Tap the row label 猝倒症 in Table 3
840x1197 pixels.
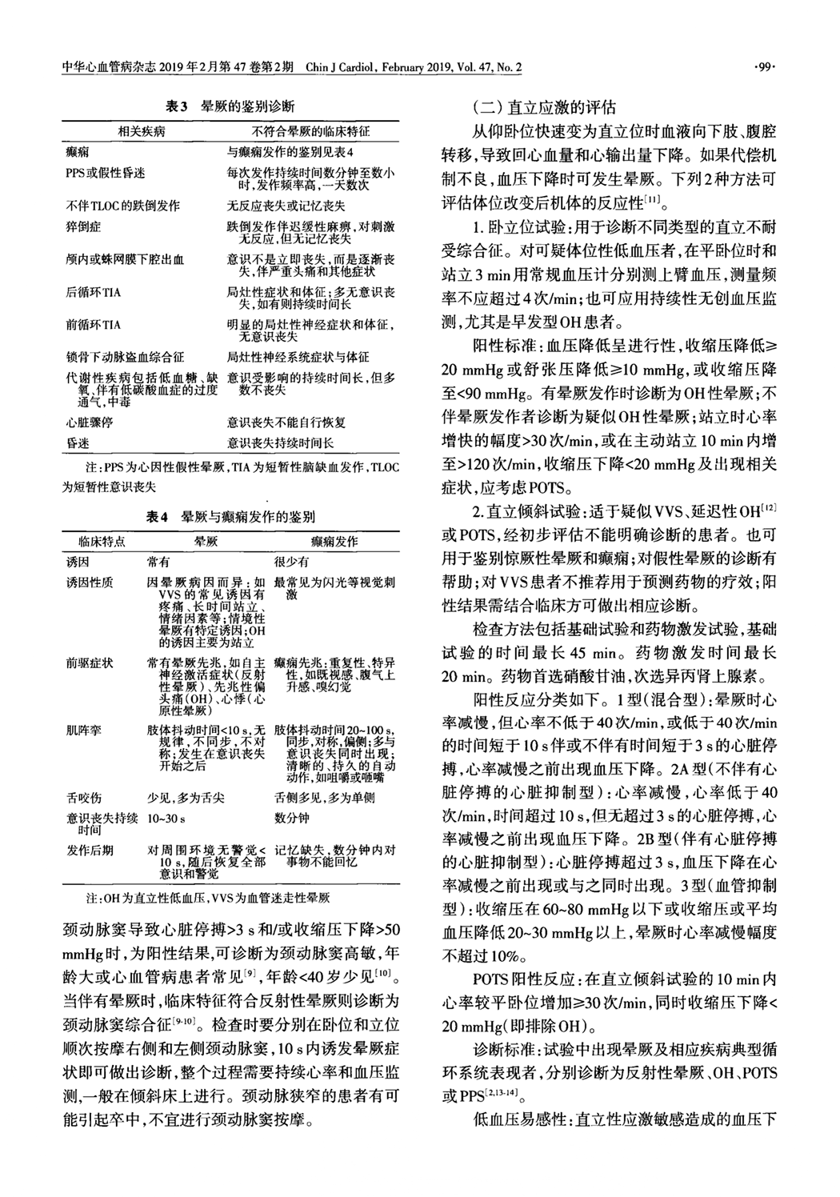click(82, 228)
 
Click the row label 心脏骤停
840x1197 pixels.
click(89, 421)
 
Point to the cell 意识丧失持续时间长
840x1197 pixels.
click(280, 442)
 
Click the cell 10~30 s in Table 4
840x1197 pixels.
click(166, 819)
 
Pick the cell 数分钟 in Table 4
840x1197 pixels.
click(291, 819)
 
